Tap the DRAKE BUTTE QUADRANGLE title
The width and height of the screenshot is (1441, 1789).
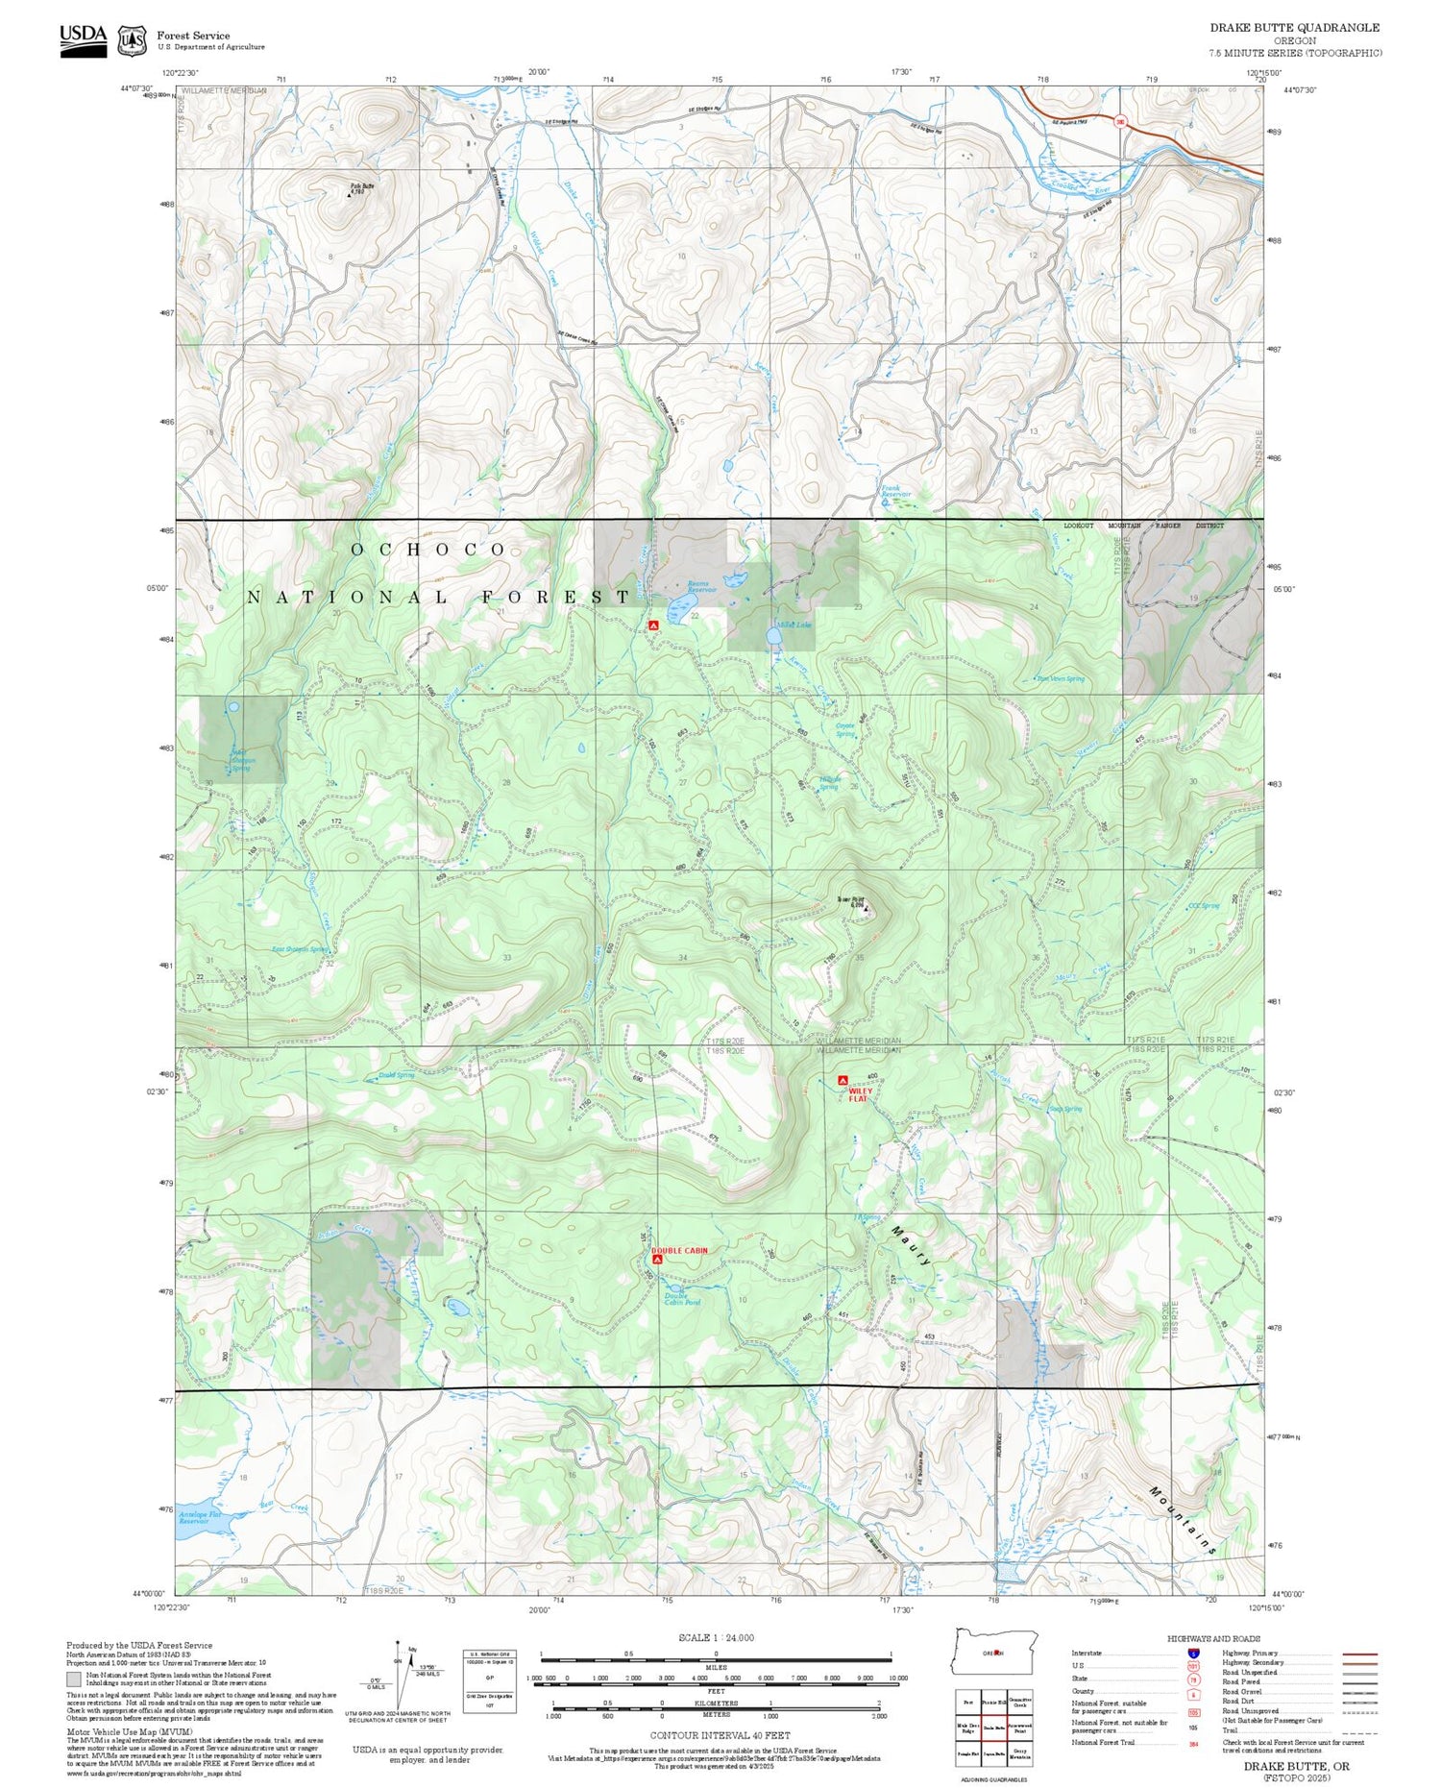point(1294,28)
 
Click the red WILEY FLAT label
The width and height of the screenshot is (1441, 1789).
point(859,1094)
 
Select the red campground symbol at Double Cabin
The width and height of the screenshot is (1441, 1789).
point(657,1259)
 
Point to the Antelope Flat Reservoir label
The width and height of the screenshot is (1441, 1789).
point(200,1518)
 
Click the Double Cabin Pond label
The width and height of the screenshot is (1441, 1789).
point(682,1299)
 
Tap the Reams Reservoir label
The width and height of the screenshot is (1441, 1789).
point(702,586)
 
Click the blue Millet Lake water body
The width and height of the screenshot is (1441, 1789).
point(773,636)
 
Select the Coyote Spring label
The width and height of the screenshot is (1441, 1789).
point(844,730)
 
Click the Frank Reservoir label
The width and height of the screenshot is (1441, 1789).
point(895,491)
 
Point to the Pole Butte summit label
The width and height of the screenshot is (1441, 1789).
point(359,188)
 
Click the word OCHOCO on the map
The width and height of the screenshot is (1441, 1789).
point(428,550)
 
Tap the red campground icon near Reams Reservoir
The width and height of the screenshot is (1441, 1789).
point(653,625)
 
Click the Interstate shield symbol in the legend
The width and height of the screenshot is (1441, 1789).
point(1193,1653)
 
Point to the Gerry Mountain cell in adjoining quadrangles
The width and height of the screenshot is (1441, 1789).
point(1020,1753)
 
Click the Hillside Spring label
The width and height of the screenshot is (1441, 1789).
point(829,783)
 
